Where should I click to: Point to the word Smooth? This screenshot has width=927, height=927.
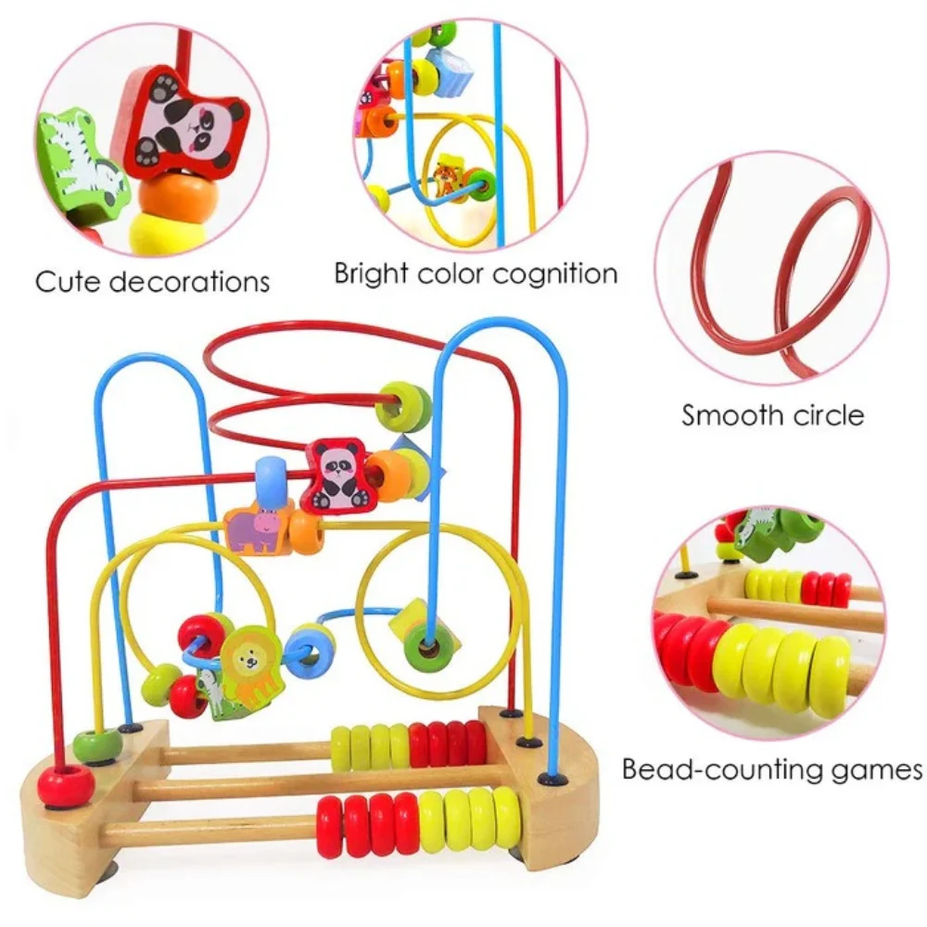point(724,414)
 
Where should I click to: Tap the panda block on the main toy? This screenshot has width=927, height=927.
point(338,475)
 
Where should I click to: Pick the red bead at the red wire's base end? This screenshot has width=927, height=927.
point(67,786)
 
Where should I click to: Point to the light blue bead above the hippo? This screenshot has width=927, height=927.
point(270,481)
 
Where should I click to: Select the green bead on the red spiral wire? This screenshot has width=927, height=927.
point(405,406)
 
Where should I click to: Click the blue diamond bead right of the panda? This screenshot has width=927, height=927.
point(429,463)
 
